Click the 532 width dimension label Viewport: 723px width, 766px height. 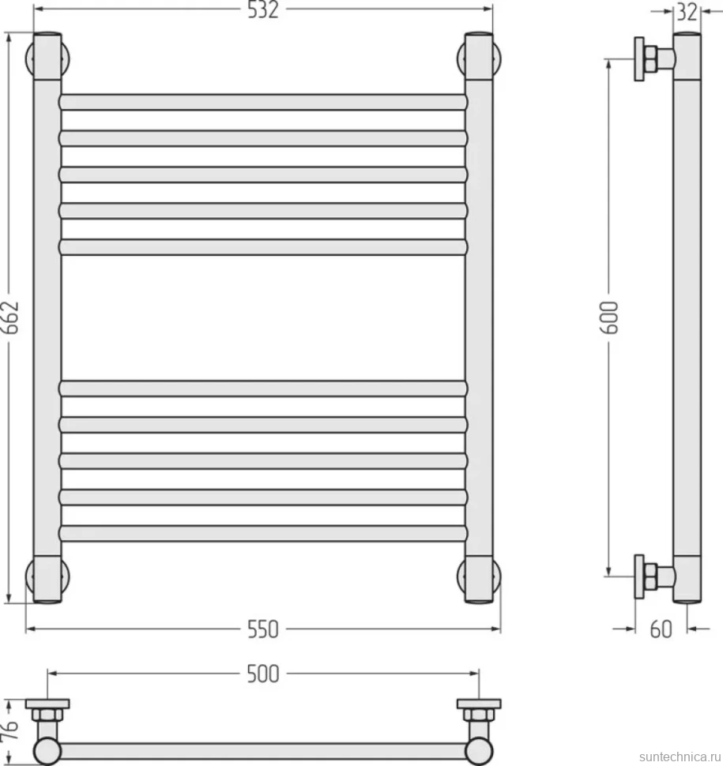[263, 9]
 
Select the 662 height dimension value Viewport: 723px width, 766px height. [11, 317]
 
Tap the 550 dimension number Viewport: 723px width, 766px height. [263, 629]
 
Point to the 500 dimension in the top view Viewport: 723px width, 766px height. [263, 674]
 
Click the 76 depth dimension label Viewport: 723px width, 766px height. [11, 730]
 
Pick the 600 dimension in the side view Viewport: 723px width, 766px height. [609, 317]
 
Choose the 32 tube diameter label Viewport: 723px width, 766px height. [687, 12]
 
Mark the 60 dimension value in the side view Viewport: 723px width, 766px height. [661, 629]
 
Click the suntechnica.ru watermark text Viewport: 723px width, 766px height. [680, 757]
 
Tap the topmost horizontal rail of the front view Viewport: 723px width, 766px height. [263, 102]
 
